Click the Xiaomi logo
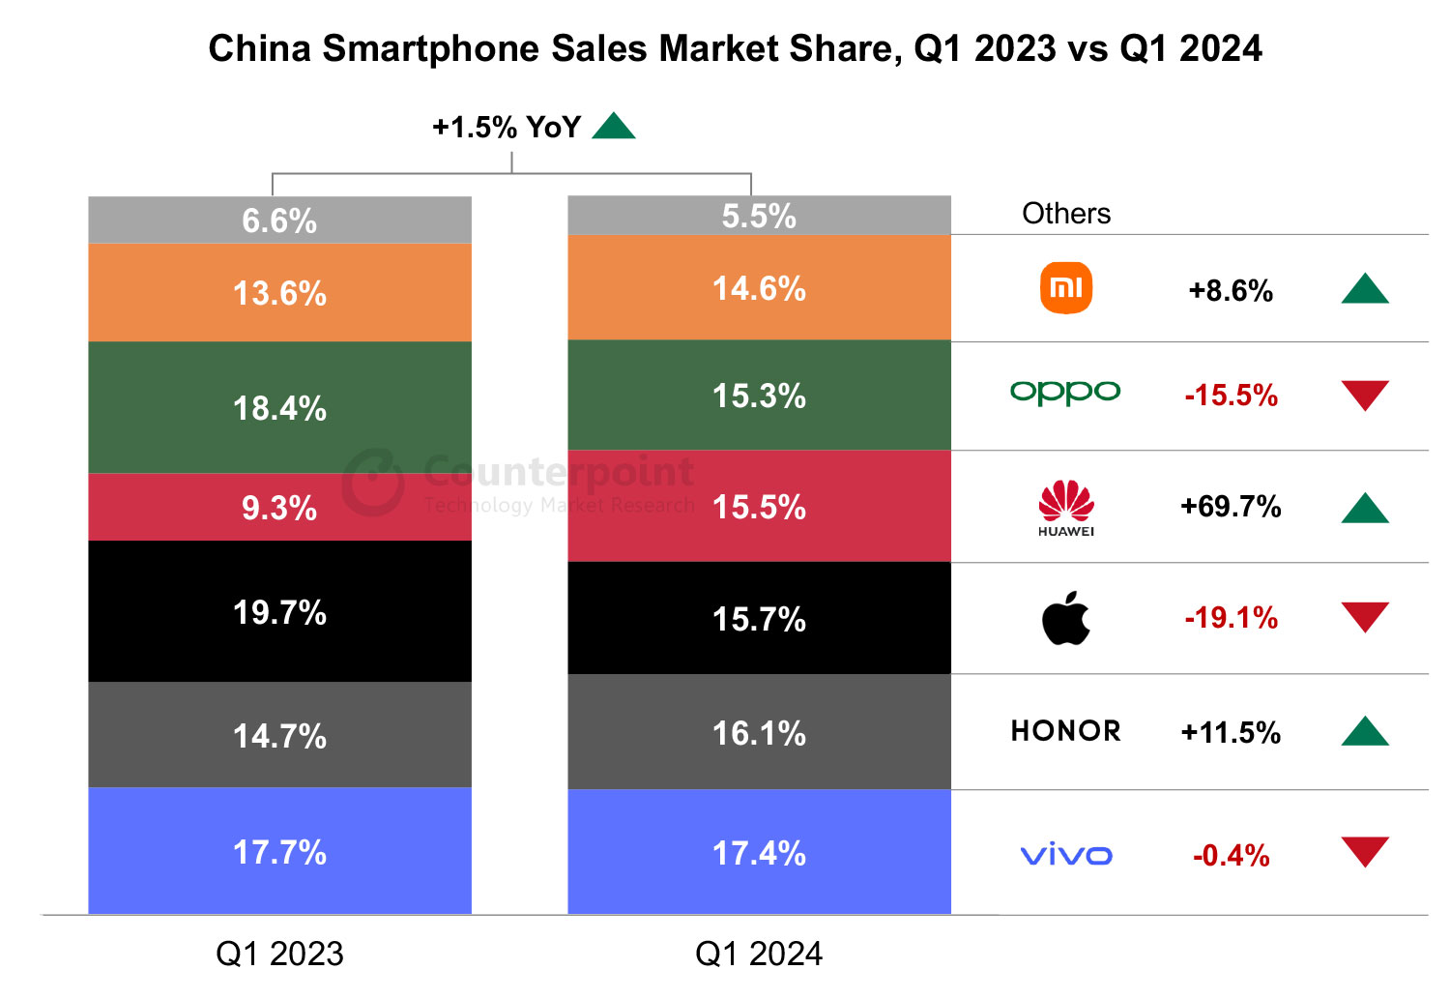click(1065, 288)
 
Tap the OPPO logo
click(1065, 392)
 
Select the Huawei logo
click(1066, 508)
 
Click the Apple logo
click(1066, 619)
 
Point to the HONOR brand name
click(1066, 731)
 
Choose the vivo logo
click(1066, 855)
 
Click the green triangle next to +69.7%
click(1365, 509)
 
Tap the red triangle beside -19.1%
click(1365, 616)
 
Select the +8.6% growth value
click(1231, 291)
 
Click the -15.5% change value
click(1231, 396)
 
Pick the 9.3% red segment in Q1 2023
click(279, 508)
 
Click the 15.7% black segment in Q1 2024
click(759, 619)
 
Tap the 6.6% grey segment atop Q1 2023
click(279, 220)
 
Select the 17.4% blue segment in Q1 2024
click(759, 853)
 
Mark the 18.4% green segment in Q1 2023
click(279, 408)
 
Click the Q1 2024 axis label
click(759, 955)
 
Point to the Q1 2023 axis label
click(279, 955)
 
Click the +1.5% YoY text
click(507, 128)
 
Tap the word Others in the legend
click(1066, 214)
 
